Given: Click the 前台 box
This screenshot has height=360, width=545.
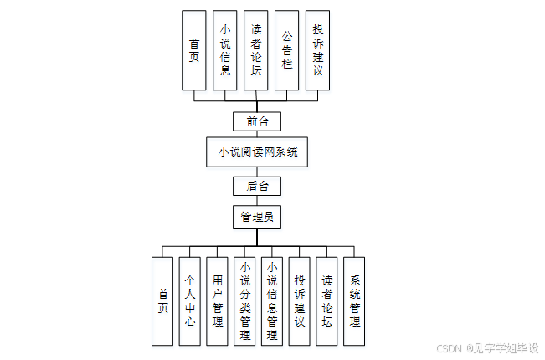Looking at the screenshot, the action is coord(257,121).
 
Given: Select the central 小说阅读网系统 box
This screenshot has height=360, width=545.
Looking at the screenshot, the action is coord(257,152).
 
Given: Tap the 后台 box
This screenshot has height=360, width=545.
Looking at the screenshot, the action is coord(257,186).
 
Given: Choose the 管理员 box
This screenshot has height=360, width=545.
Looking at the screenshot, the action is coord(257,218).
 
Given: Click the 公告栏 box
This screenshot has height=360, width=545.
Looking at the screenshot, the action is coord(287,50).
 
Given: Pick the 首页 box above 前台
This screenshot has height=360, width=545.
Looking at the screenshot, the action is coord(194,50).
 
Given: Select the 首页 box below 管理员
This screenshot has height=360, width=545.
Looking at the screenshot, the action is coord(163,301).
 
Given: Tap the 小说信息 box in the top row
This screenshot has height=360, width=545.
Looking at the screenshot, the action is coord(225,50).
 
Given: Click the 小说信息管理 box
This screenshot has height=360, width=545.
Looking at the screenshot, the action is coord(271,301).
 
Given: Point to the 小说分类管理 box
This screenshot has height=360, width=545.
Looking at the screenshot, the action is coord(244,301).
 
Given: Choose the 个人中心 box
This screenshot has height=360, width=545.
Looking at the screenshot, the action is coord(190,301).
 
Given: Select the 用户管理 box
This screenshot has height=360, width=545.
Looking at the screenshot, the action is coord(218,301).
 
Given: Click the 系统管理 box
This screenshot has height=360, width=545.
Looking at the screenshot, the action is coord(354,301).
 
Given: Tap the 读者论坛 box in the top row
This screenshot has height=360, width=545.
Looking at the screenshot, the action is coord(256,50).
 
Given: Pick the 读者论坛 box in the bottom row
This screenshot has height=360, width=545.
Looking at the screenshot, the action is coord(327,301).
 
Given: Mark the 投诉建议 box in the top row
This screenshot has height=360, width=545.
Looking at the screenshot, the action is coord(317,50).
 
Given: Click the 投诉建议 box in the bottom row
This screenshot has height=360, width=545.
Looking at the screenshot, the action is coord(300,301).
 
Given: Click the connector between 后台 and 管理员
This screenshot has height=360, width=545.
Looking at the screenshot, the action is coord(257,201).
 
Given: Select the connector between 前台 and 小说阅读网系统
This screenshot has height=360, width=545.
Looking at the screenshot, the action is coord(257,135).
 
